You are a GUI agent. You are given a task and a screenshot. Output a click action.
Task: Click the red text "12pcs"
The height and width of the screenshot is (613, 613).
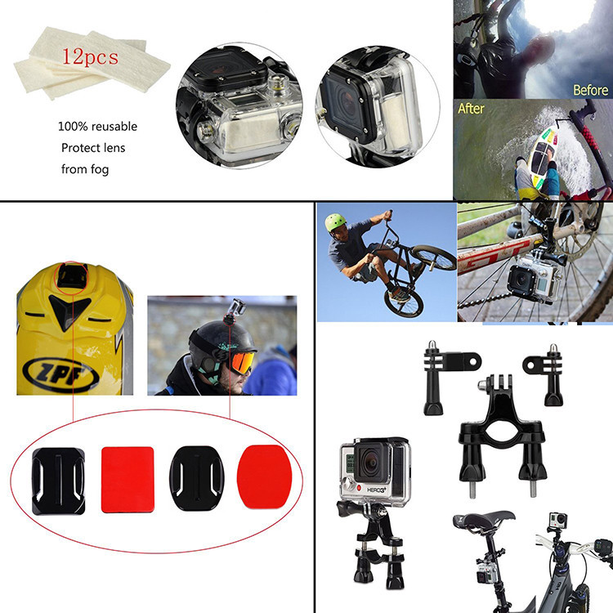coord(90,57)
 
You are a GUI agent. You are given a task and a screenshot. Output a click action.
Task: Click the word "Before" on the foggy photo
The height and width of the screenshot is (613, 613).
coord(590,90)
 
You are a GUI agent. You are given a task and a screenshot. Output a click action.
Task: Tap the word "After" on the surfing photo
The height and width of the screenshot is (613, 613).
coord(471,108)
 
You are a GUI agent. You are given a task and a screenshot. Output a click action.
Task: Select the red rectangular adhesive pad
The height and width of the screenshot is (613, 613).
coord(128,479)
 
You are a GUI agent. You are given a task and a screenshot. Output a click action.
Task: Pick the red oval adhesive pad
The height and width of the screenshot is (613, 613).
coord(265,477)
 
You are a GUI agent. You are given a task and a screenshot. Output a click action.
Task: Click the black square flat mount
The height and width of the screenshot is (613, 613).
coord(58,481)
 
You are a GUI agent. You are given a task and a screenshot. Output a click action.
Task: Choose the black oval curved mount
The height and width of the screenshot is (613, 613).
coord(197,478)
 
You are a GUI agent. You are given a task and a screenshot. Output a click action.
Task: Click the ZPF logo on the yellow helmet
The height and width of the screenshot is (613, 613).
coord(60,375)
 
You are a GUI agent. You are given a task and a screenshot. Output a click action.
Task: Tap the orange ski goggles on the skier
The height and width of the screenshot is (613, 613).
coord(243,362)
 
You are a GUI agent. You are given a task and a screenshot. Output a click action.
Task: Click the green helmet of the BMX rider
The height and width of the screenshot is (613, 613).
coord(335,222)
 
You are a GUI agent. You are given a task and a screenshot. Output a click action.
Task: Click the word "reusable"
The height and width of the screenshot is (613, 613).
coord(114,126)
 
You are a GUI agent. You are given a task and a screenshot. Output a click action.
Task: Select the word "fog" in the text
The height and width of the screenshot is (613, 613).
coord(100,170)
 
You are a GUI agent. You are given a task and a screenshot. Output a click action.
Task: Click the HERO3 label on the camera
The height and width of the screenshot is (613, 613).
coord(376,490)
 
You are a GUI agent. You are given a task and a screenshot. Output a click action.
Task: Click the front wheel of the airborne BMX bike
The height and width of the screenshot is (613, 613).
coord(434,257)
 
